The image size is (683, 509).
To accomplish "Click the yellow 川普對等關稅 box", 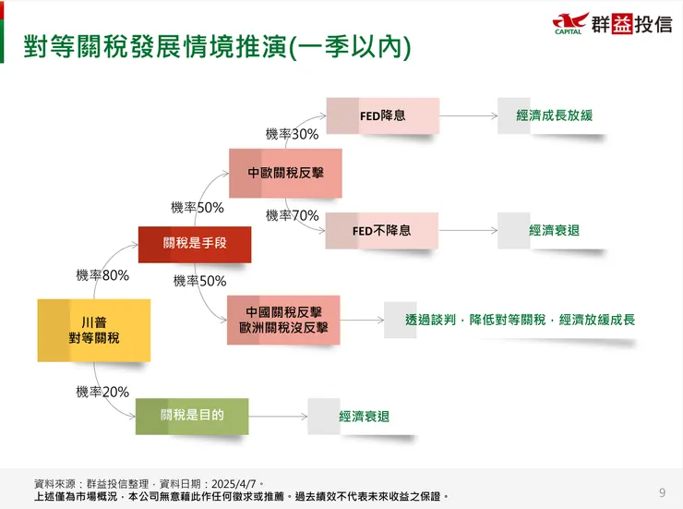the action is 94,331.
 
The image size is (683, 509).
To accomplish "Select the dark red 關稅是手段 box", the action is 195,245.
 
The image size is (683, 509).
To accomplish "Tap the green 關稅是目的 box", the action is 192,417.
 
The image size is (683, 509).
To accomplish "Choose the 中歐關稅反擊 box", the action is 286,173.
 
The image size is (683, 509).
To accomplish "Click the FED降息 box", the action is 383,115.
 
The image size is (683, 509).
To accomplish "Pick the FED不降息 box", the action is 382,231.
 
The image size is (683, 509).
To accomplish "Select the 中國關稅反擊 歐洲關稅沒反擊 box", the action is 283,320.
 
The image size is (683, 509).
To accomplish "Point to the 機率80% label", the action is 102,275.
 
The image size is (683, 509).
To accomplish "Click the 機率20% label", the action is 102,392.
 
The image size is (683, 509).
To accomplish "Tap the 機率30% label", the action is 293,134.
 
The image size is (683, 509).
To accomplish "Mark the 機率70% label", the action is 293,215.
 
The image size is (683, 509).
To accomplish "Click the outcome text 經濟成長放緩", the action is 555,115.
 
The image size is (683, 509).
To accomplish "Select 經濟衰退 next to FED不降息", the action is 555,231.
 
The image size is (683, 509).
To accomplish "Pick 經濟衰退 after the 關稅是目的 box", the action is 365,417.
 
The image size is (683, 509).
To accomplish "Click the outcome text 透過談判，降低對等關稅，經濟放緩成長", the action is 520,320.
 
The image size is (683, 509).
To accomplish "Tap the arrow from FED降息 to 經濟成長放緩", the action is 468,115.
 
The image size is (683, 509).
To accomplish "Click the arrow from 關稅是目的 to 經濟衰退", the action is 278,417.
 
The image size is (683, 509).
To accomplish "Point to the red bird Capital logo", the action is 570,23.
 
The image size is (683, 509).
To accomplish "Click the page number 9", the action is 662,492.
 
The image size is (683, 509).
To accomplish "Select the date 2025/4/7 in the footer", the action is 234,484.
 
